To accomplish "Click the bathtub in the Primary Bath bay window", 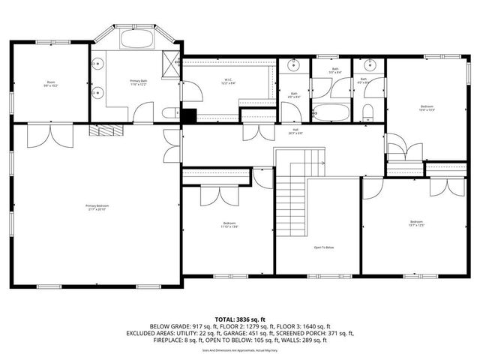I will coord(135,39).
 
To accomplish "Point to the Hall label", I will coord(296,131).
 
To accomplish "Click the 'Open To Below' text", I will coord(323,247).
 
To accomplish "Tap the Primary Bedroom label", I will coord(95,207).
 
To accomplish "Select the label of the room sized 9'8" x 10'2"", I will coord(51,85).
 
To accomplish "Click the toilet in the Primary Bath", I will coord(169,114).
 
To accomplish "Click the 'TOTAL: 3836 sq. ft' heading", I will coord(240,319).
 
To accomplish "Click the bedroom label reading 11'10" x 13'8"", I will coord(229,224).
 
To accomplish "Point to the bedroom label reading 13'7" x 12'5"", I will coord(416,223).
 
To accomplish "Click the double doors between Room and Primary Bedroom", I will coord(50,134).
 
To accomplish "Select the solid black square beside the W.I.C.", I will coord(188,115).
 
